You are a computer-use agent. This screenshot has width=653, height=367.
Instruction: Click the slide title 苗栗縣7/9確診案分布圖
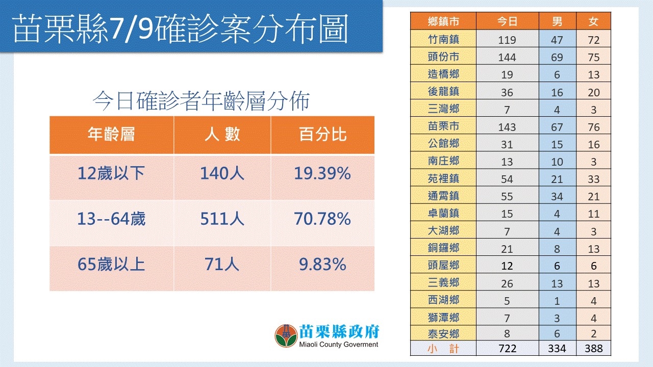(181, 29)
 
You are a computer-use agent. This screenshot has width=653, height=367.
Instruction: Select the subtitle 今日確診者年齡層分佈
(201, 101)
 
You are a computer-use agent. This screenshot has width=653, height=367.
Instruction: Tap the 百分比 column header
(322, 135)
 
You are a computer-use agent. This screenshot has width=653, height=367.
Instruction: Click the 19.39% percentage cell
(322, 174)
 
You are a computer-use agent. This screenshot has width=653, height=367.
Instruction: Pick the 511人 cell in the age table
(222, 219)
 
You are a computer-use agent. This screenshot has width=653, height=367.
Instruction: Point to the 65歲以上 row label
(111, 264)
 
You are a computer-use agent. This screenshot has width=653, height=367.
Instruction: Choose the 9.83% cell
(322, 264)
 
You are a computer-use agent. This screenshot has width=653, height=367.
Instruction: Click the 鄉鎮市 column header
(443, 21)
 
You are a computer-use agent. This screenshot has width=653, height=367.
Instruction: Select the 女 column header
(593, 21)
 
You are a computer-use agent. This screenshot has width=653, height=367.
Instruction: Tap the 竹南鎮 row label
(443, 39)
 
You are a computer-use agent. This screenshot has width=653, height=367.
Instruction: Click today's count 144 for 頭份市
(507, 57)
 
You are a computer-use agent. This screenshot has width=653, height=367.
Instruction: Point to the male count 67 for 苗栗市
(557, 126)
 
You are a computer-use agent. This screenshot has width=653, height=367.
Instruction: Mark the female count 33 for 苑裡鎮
(593, 179)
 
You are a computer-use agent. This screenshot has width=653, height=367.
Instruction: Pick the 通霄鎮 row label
(443, 196)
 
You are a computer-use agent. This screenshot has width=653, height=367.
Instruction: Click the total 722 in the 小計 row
(507, 349)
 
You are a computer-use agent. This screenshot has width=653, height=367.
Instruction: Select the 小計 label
(443, 349)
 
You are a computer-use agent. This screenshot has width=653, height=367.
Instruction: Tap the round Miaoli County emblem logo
(286, 336)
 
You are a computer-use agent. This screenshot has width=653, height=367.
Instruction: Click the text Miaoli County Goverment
(339, 345)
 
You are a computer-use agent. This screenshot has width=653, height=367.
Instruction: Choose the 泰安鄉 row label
(443, 334)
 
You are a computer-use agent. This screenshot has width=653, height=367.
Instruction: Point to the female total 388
(593, 349)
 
